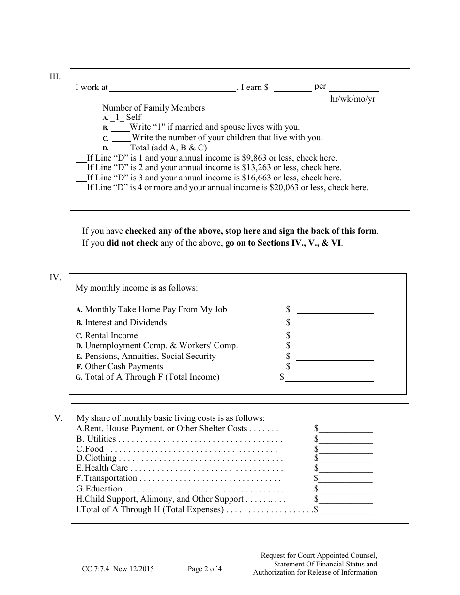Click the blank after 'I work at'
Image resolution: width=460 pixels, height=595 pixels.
coord(172,88)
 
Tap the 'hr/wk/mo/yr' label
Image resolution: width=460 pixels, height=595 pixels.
coord(353,99)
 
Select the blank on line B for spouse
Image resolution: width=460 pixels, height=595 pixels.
coord(120,128)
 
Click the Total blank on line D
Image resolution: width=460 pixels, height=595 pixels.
coord(121,149)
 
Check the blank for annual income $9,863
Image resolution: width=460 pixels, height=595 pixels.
coord(81,158)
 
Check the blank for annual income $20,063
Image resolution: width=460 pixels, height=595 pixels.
coord(81,188)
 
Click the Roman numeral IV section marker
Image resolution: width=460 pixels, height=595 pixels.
coord(55,278)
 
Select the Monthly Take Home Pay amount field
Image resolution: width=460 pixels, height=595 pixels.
coord(335,310)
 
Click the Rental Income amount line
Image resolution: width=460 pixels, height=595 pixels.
coord(335,336)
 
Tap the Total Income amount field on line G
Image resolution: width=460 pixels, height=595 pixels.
coord(329,378)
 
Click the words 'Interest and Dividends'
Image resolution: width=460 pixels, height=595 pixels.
coord(125,323)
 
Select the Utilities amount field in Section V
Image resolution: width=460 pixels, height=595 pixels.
coord(345,440)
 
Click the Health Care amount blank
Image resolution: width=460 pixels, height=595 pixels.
coord(345,469)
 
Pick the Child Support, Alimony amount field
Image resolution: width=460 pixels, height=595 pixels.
coord(345,500)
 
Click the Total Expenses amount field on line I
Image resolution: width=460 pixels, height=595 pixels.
coord(345,510)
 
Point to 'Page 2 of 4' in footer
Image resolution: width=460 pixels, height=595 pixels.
coord(205,569)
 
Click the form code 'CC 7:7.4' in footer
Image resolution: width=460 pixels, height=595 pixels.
coord(96,569)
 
